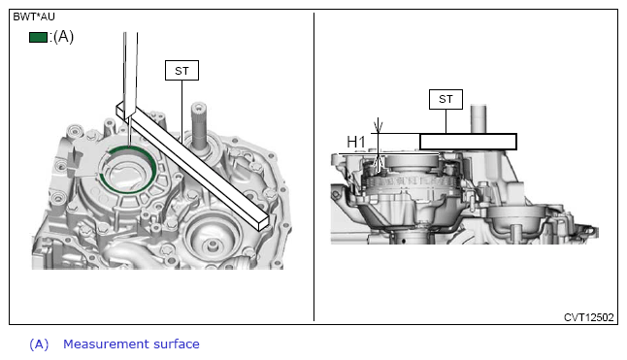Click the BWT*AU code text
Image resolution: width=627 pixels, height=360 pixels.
34,16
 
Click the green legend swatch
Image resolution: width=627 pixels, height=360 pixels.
38,37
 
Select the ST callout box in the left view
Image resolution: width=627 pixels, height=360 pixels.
181,70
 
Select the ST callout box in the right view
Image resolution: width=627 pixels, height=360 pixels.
445,99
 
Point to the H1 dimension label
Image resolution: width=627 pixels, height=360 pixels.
356,142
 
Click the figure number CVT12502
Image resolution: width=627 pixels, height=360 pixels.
588,317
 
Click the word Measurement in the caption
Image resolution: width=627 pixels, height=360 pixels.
106,344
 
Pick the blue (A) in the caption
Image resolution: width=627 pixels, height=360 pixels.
39,344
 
